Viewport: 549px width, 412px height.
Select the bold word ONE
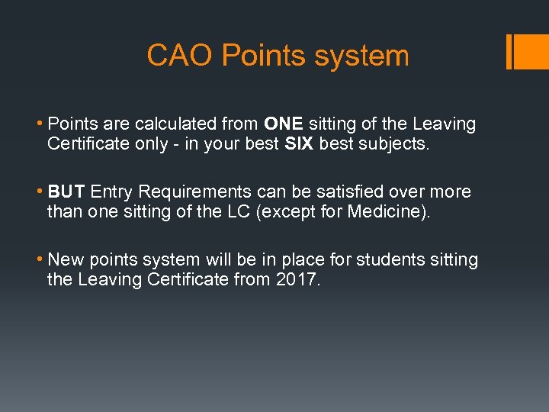coord(284,124)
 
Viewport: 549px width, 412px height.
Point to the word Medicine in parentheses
coord(387,211)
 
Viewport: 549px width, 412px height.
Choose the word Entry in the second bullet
coord(111,192)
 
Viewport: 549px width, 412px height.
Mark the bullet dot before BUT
coord(41,192)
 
